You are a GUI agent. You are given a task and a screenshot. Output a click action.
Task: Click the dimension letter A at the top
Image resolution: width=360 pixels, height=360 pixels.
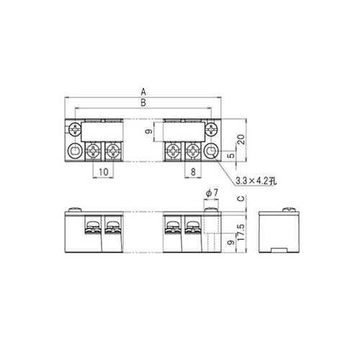pyautogui.click(x=144, y=92)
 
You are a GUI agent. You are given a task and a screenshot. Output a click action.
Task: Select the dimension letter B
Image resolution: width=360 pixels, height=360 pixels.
pyautogui.click(x=144, y=103)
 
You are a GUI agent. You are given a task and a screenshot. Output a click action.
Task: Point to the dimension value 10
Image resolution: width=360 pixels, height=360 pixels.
pyautogui.click(x=103, y=171)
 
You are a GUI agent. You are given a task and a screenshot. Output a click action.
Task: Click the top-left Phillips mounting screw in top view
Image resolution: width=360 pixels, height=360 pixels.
pyautogui.click(x=76, y=130)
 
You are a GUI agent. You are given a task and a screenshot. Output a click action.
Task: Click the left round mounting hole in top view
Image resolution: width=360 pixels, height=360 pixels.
pyautogui.click(x=76, y=152)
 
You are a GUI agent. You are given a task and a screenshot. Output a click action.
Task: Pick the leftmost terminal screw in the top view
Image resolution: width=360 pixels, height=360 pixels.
pyautogui.click(x=94, y=152)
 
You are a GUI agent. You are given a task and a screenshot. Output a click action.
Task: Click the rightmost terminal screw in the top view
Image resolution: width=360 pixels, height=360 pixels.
pyautogui.click(x=193, y=152)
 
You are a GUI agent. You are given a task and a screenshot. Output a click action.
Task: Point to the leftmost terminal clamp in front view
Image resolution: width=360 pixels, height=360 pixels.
pyautogui.click(x=91, y=229)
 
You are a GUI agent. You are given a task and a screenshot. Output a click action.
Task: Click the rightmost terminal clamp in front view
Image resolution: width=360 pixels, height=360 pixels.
pyautogui.click(x=192, y=229)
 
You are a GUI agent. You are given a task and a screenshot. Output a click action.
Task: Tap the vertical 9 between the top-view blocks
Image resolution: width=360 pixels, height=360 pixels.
pyautogui.click(x=147, y=132)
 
